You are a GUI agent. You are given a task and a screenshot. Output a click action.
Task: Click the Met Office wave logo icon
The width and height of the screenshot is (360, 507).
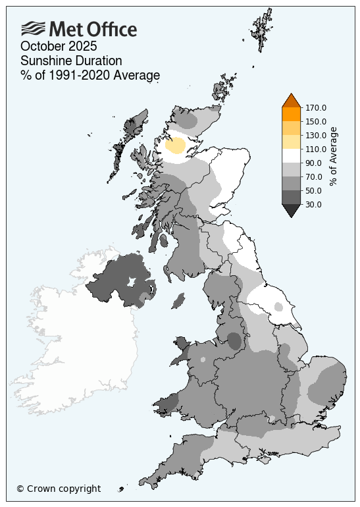[33, 28]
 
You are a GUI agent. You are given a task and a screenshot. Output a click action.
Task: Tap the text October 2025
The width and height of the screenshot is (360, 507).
[59, 46]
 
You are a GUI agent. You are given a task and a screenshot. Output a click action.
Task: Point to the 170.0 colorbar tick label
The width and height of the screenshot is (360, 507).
[316, 108]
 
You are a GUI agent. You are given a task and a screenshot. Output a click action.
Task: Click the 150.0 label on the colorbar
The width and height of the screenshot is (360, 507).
[316, 122]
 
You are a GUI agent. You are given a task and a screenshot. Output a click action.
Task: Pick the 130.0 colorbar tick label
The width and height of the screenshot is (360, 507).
[316, 136]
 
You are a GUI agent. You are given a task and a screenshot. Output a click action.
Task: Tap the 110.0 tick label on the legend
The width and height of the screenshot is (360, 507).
[316, 149]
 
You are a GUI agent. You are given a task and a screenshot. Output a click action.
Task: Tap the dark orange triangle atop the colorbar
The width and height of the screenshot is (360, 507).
[291, 101]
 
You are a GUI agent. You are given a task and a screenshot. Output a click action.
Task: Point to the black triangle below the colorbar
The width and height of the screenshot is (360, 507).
[291, 211]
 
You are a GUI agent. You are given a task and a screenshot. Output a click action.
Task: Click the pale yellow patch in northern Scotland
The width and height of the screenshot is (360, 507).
[175, 146]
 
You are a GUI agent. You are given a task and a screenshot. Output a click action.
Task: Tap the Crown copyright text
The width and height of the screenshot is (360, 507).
[59, 489]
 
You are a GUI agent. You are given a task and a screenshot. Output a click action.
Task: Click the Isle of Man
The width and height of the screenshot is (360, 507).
[177, 301]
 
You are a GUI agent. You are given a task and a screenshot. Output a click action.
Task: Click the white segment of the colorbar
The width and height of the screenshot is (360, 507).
[291, 156]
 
